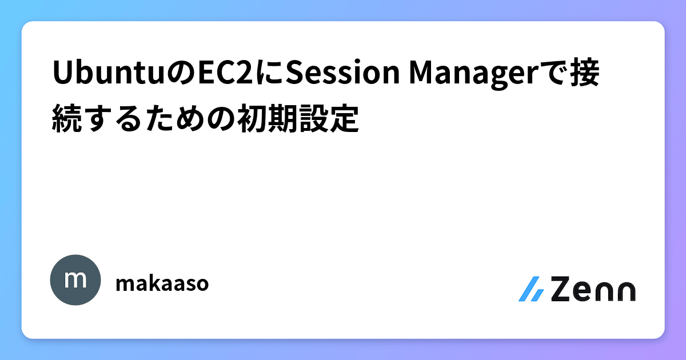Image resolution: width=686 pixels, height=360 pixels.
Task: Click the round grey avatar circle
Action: click(75, 280)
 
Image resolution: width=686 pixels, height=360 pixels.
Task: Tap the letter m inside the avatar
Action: click(75, 280)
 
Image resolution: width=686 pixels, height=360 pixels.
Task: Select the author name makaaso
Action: click(162, 283)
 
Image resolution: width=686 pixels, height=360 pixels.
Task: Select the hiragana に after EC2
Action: click(269, 75)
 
